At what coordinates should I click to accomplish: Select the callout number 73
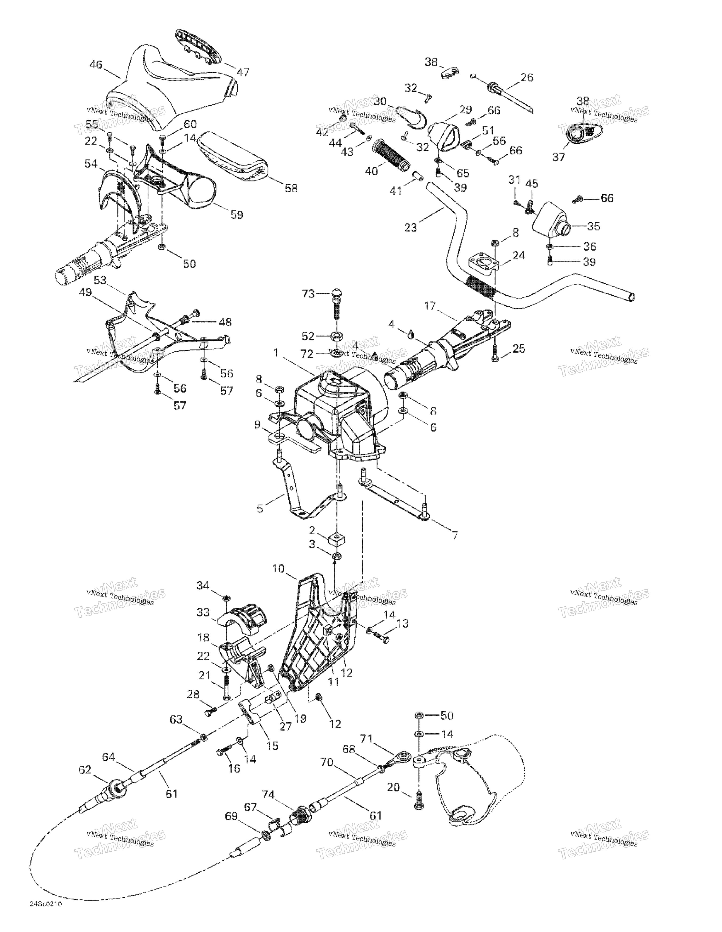308,294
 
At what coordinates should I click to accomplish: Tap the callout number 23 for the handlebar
410,227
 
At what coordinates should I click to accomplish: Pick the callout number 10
278,569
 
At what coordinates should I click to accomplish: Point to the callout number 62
85,769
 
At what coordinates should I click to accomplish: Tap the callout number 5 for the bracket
260,509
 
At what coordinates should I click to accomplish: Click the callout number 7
455,535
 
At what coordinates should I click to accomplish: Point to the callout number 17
430,306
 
